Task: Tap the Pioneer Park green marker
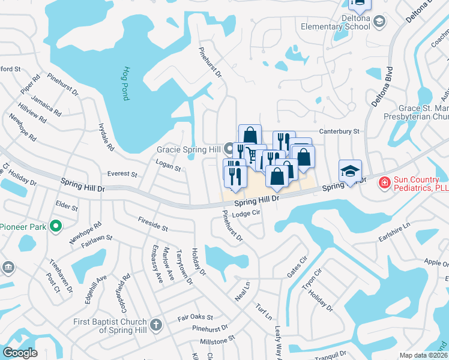[56, 226]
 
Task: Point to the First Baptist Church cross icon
[156, 325]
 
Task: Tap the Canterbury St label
[339, 131]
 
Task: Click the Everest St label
[122, 174]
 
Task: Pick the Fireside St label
[152, 225]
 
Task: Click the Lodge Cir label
[245, 213]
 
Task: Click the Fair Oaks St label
[195, 317]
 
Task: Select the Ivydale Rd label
[106, 137]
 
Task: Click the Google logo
[20, 353]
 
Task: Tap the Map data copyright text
[423, 355]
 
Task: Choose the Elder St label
[67, 208]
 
